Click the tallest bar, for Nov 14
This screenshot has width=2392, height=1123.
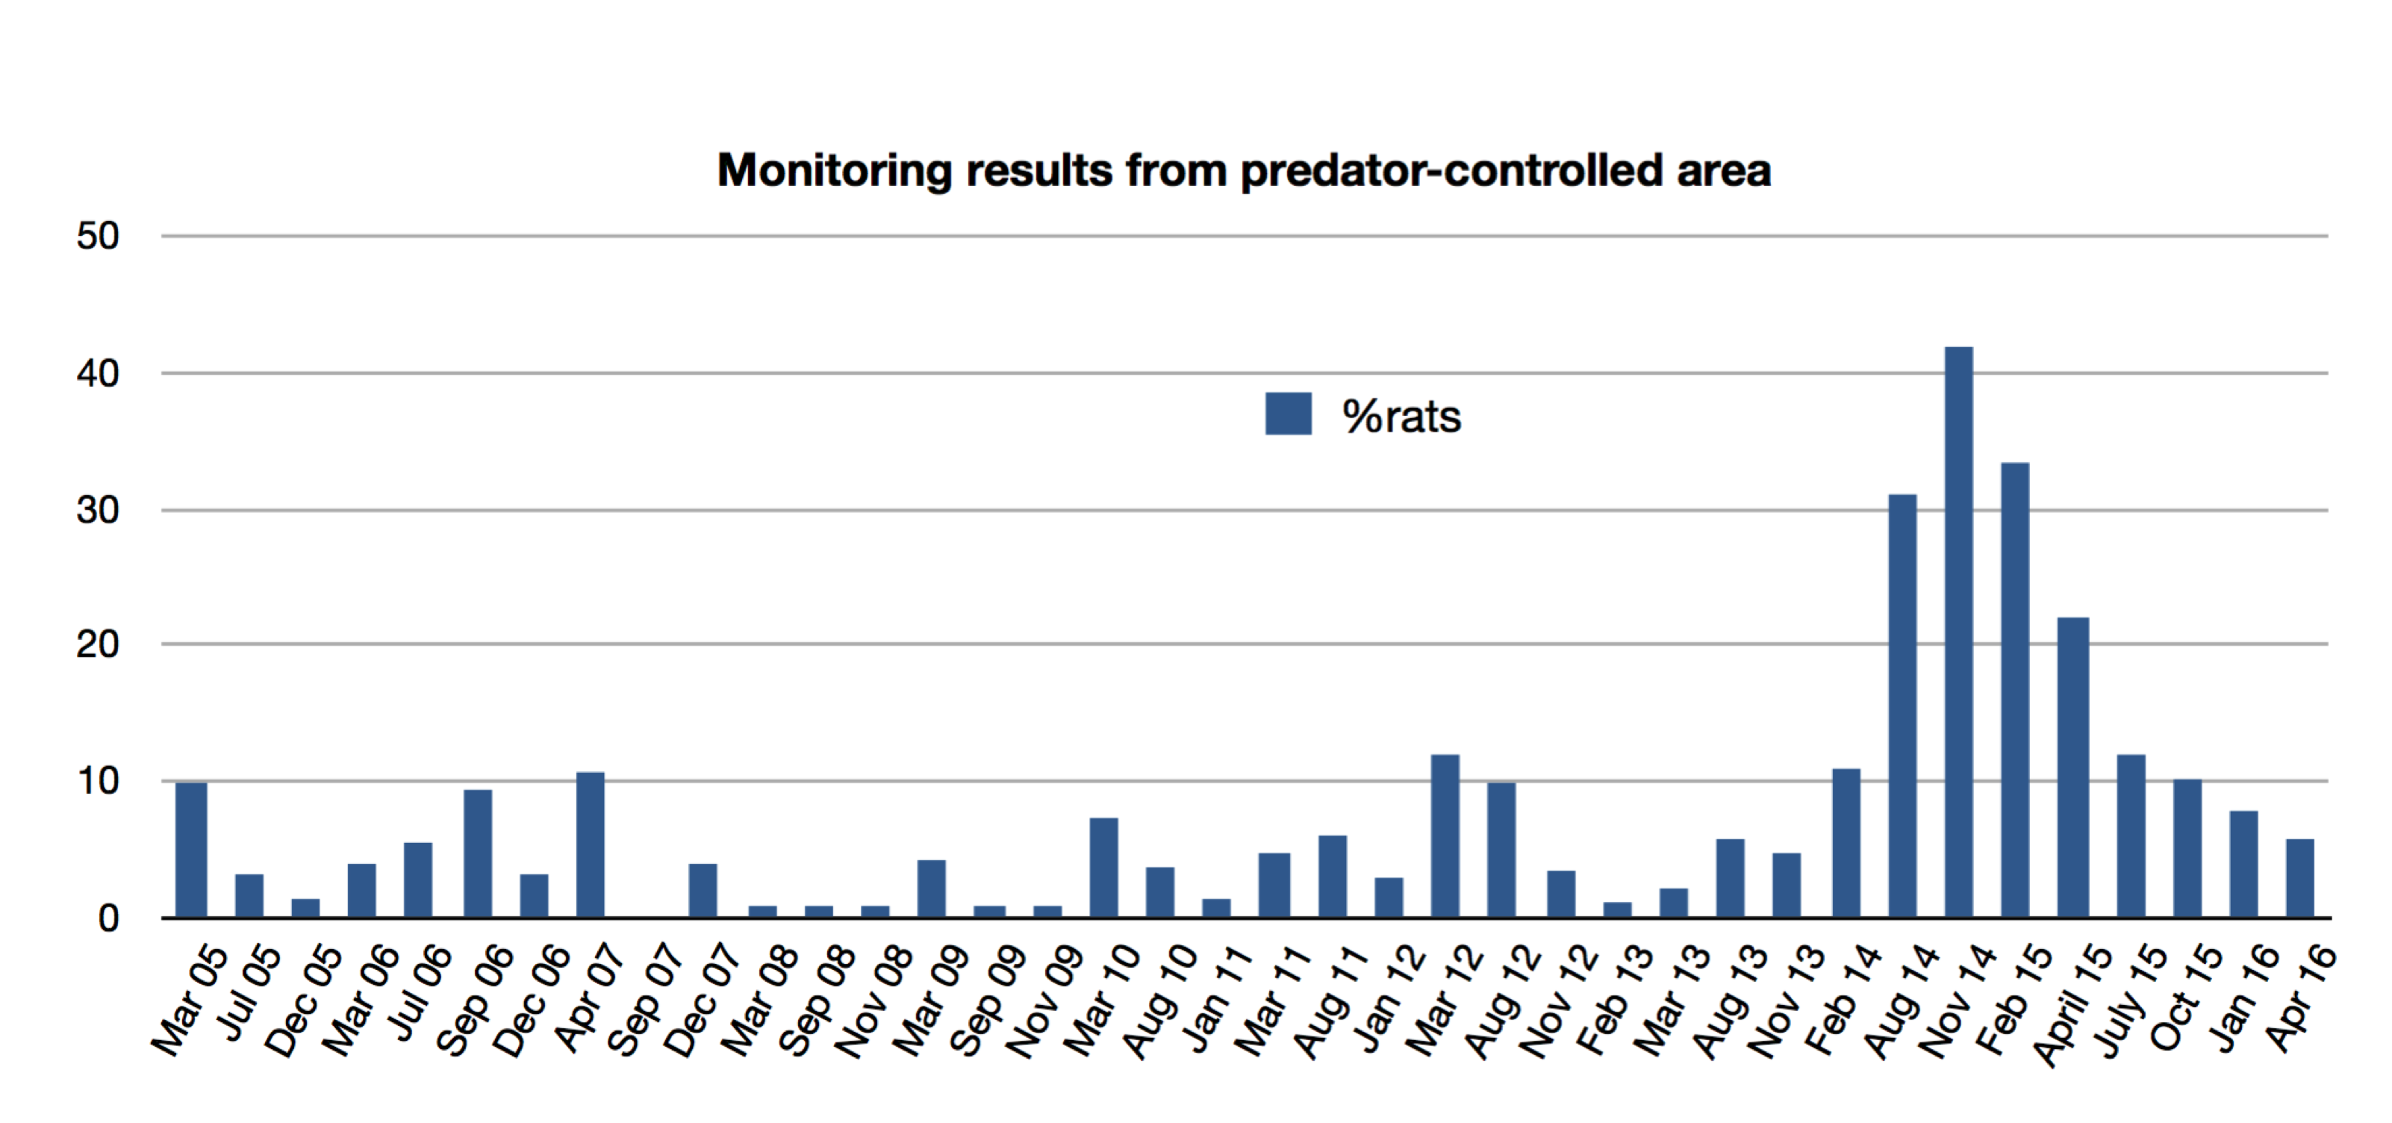[1958, 632]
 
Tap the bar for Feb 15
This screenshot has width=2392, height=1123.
[2015, 690]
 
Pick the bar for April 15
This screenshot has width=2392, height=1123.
[2072, 768]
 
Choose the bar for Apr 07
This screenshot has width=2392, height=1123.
[590, 845]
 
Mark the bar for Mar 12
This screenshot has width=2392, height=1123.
[1445, 836]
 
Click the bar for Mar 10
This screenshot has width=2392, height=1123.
[1103, 868]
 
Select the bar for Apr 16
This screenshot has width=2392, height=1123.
[2299, 879]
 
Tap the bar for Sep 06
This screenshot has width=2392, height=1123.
[477, 854]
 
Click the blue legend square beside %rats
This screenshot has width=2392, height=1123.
[1288, 414]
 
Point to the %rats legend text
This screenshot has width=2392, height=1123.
[1401, 416]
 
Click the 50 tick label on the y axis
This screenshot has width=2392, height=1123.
[98, 236]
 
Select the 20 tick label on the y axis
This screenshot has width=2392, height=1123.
[98, 644]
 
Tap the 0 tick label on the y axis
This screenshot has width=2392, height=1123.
[109, 918]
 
